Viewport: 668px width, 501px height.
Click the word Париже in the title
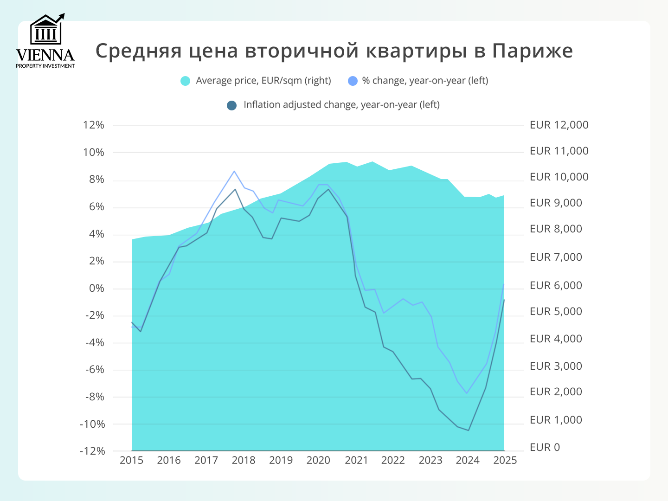click(x=533, y=51)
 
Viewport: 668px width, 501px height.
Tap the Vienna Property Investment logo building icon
click(x=46, y=31)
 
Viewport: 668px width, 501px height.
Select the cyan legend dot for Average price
click(x=185, y=81)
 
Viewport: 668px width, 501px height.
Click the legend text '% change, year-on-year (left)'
click(x=425, y=81)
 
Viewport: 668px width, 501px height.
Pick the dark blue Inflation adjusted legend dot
click(x=231, y=105)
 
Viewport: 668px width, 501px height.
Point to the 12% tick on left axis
click(x=93, y=125)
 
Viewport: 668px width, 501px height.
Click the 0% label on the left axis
click(x=96, y=289)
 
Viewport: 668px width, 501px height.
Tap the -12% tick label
click(x=92, y=451)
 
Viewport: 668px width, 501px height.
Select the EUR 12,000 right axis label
click(x=559, y=125)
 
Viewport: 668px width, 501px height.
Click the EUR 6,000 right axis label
click(x=556, y=285)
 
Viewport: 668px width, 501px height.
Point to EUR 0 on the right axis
click(x=545, y=447)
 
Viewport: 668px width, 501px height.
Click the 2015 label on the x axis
click(x=131, y=460)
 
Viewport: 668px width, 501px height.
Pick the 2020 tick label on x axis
click(x=318, y=460)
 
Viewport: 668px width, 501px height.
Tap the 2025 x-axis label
click(x=505, y=460)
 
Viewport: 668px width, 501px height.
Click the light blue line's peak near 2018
click(x=234, y=171)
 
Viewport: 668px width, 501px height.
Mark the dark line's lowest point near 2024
click(x=469, y=430)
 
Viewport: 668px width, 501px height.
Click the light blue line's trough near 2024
click(x=467, y=393)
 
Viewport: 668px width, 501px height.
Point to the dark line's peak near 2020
click(x=328, y=189)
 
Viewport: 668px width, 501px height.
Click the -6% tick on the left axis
click(x=95, y=370)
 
